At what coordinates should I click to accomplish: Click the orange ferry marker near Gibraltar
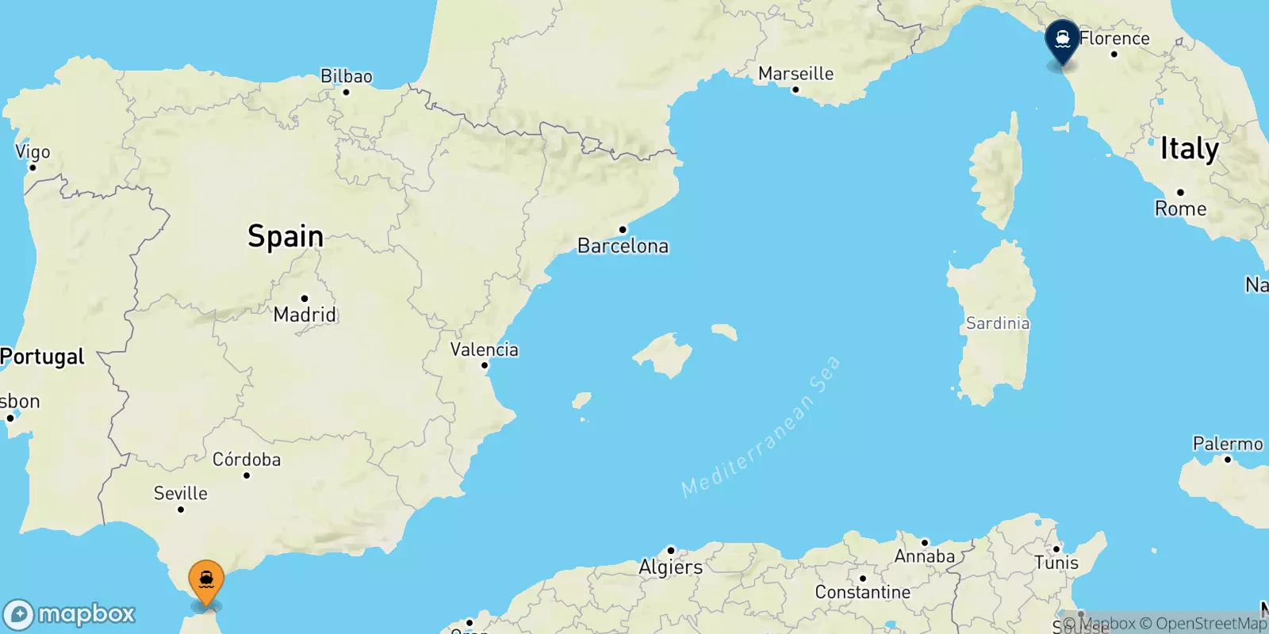pos(206,581)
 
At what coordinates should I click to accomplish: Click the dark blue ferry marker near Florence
pos(1062,40)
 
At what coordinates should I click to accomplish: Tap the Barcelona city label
pos(623,246)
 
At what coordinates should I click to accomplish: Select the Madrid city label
pos(305,315)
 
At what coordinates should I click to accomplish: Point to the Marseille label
pos(796,74)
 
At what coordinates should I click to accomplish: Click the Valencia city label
pos(484,349)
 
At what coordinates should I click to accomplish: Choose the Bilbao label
pos(346,76)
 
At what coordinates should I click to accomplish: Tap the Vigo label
pos(33,151)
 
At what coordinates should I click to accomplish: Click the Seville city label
pos(181,493)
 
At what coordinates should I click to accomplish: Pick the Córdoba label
pos(247,460)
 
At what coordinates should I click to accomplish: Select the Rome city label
pos(1180,208)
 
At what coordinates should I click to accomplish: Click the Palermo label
pos(1227,444)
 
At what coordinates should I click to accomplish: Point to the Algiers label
pos(671,567)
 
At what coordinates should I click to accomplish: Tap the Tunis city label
pos(1056,563)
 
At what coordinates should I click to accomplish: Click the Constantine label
pos(862,592)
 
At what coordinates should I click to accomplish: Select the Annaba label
pos(924,556)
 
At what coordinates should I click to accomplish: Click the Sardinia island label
pos(998,323)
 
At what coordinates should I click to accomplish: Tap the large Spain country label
pos(286,236)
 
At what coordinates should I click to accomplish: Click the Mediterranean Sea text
pos(761,427)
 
